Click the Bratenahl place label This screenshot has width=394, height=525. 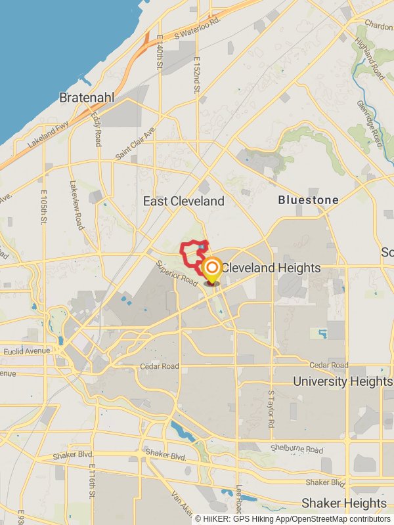click(87, 97)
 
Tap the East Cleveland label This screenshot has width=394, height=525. click(184, 201)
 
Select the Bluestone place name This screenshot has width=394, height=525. click(308, 199)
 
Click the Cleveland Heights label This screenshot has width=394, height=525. click(271, 268)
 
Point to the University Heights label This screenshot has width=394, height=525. click(341, 381)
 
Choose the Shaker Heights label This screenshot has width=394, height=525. click(343, 503)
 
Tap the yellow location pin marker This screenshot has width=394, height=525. click(211, 269)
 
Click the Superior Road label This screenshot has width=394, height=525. click(177, 274)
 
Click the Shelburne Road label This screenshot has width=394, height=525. click(297, 450)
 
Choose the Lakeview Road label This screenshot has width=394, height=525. click(76, 205)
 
